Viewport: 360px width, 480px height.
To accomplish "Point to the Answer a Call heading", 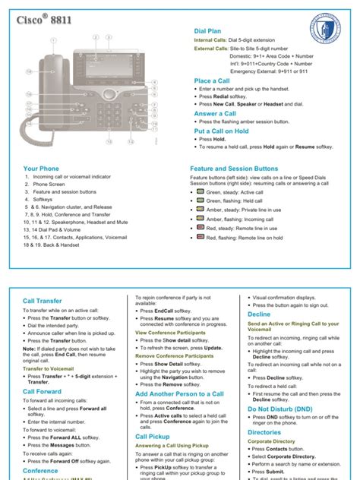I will [216, 113].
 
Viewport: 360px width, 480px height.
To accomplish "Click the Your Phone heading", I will [41, 168].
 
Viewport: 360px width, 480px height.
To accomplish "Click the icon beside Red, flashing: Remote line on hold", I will [199, 238].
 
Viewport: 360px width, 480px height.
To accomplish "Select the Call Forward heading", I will [41, 391].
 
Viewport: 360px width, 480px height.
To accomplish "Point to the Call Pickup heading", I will [152, 437].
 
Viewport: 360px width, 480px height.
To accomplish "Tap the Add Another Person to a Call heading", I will [179, 394].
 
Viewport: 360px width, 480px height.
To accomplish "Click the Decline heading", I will [259, 313].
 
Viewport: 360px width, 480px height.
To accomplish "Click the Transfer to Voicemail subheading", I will [48, 368].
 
